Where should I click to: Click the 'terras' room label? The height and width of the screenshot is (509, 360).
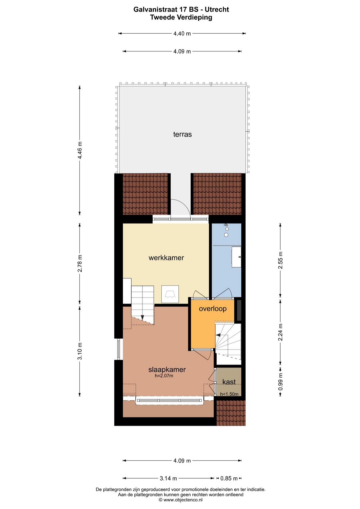pyautogui.click(x=182, y=134)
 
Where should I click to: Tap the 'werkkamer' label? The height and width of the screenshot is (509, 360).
pyautogui.click(x=166, y=258)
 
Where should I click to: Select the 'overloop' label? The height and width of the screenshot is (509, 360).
pyautogui.click(x=212, y=309)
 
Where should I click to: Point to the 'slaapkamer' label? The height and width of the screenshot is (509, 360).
pyautogui.click(x=167, y=370)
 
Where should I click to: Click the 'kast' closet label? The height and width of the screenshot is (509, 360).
pyautogui.click(x=229, y=382)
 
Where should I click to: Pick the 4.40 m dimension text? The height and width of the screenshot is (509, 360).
pyautogui.click(x=182, y=33)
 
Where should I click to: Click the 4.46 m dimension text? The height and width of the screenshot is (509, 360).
pyautogui.click(x=80, y=151)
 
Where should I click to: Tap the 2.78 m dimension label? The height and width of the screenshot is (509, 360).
pyautogui.click(x=80, y=263)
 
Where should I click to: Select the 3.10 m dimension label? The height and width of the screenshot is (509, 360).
pyautogui.click(x=80, y=351)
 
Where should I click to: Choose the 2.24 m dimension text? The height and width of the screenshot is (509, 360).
pyautogui.click(x=280, y=332)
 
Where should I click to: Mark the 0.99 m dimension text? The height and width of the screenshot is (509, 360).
pyautogui.click(x=280, y=382)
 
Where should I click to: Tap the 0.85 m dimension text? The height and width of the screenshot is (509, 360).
pyautogui.click(x=229, y=478)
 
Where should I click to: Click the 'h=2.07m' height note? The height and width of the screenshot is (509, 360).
pyautogui.click(x=164, y=376)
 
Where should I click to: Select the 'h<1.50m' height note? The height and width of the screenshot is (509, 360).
pyautogui.click(x=229, y=394)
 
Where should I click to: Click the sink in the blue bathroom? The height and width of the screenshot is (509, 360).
pyautogui.click(x=237, y=257)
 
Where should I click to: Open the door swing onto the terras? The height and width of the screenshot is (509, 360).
pyautogui.click(x=180, y=209)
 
